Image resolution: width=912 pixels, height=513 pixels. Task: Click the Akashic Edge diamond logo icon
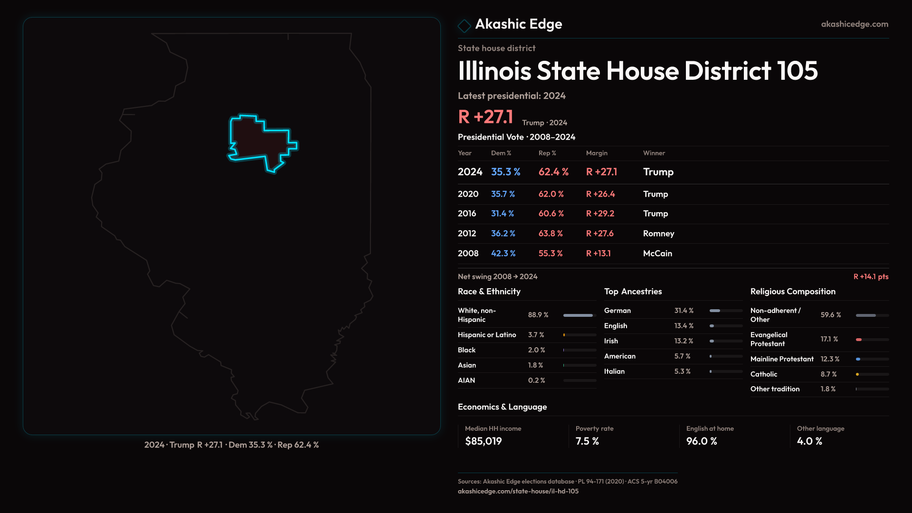464,26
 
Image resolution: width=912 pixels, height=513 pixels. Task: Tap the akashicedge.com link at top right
855,24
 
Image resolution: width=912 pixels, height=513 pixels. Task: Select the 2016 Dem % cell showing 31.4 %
502,214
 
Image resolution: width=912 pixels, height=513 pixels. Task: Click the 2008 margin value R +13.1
598,254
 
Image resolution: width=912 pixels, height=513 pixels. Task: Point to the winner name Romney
658,234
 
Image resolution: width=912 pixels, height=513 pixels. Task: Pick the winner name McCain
657,254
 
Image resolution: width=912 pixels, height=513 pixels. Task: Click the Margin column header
597,153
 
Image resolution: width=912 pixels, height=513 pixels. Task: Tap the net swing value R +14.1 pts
871,276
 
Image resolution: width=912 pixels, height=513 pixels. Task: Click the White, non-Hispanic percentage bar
579,315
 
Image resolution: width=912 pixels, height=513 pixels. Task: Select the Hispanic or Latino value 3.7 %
536,335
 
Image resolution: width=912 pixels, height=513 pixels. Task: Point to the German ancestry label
617,311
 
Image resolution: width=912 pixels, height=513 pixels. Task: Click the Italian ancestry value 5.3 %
682,371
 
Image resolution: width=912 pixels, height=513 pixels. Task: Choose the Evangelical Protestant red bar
859,340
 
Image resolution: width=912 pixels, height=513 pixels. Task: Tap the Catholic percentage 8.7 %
828,374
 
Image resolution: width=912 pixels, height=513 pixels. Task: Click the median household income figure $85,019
483,441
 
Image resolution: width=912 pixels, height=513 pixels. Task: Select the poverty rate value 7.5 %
587,441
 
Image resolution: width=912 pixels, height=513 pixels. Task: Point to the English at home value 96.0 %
701,441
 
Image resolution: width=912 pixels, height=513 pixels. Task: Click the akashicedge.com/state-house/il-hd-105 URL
518,492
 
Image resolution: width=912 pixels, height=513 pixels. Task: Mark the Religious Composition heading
792,292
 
